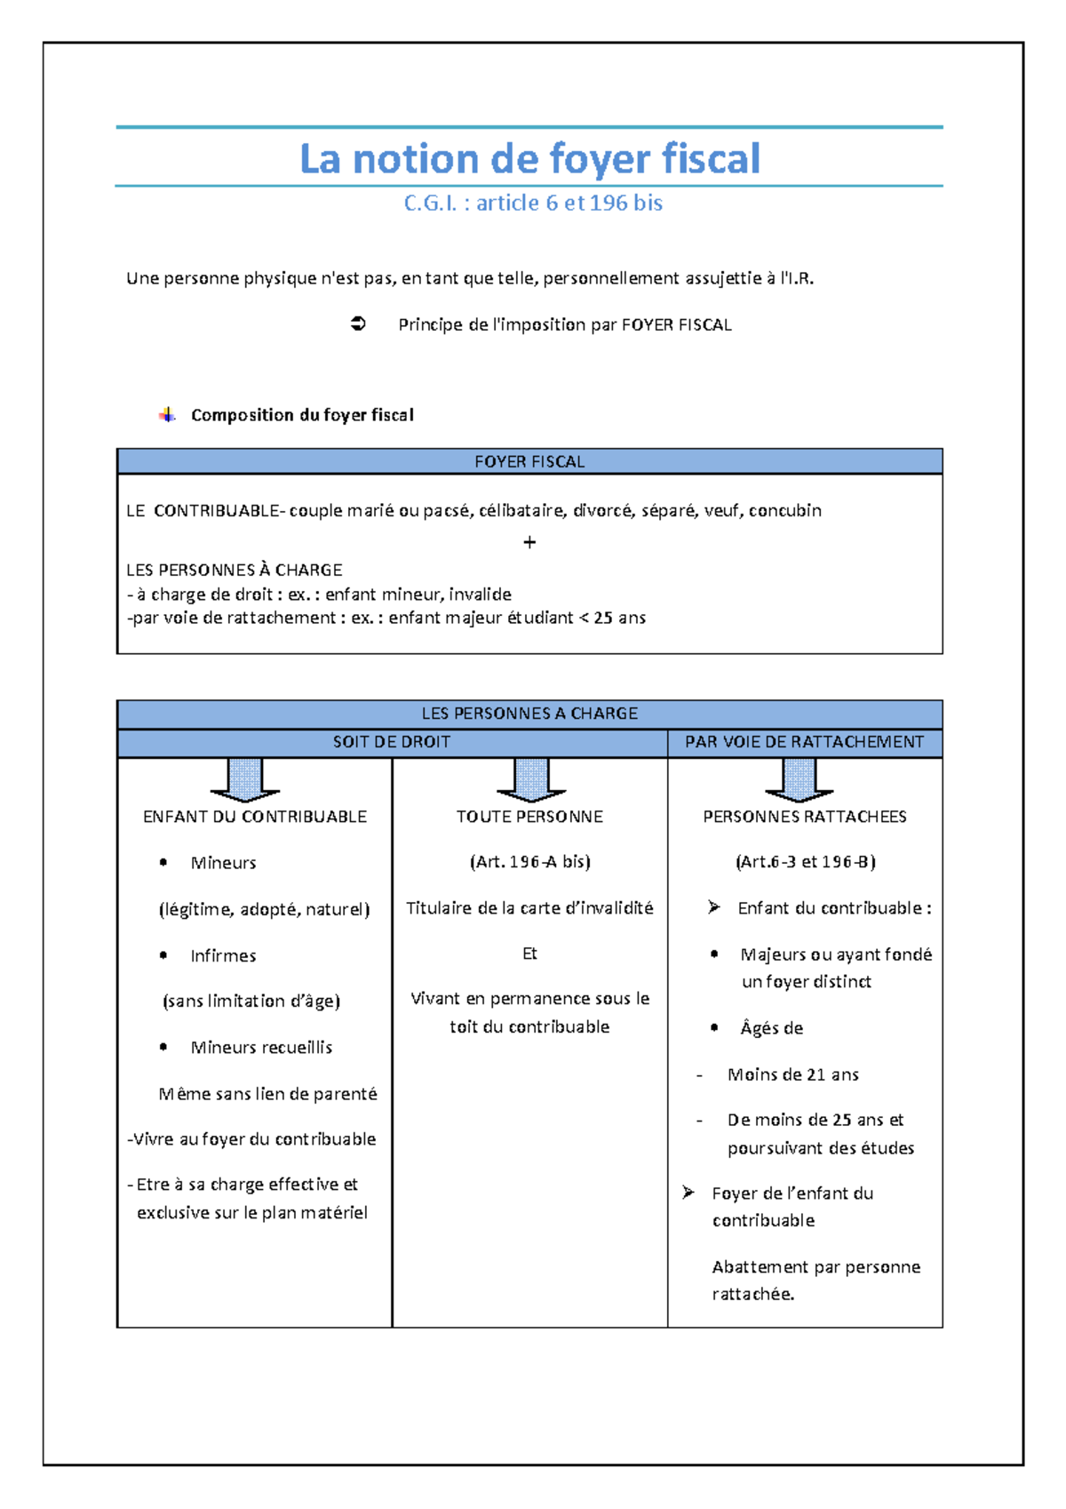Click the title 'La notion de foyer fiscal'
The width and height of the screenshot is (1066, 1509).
click(x=529, y=159)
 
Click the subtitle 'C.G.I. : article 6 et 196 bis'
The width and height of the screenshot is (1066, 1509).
click(x=533, y=204)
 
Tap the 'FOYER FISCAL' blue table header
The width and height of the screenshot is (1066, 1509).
click(x=529, y=461)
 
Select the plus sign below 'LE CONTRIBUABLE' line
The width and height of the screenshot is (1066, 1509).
click(x=529, y=542)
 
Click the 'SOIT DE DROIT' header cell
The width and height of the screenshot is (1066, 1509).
click(x=391, y=742)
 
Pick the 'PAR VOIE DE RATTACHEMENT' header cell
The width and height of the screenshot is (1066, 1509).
click(x=804, y=742)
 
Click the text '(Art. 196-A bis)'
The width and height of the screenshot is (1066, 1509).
click(x=529, y=862)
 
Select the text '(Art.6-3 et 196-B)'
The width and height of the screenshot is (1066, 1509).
click(x=805, y=862)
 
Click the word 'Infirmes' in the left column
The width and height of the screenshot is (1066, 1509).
click(x=223, y=956)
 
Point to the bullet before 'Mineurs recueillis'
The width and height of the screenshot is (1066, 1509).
click(x=163, y=1047)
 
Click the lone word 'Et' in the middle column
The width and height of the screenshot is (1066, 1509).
click(x=529, y=954)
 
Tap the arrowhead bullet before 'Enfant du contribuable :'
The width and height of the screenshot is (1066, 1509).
click(x=713, y=907)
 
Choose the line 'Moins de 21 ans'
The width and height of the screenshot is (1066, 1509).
click(x=792, y=1074)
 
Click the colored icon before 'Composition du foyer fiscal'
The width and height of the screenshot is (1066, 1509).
click(x=167, y=415)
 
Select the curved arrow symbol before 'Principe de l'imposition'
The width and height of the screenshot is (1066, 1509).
click(x=358, y=324)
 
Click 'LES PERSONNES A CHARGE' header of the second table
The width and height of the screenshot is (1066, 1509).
click(x=529, y=714)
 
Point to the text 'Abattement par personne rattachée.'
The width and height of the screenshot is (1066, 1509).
click(x=815, y=1280)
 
